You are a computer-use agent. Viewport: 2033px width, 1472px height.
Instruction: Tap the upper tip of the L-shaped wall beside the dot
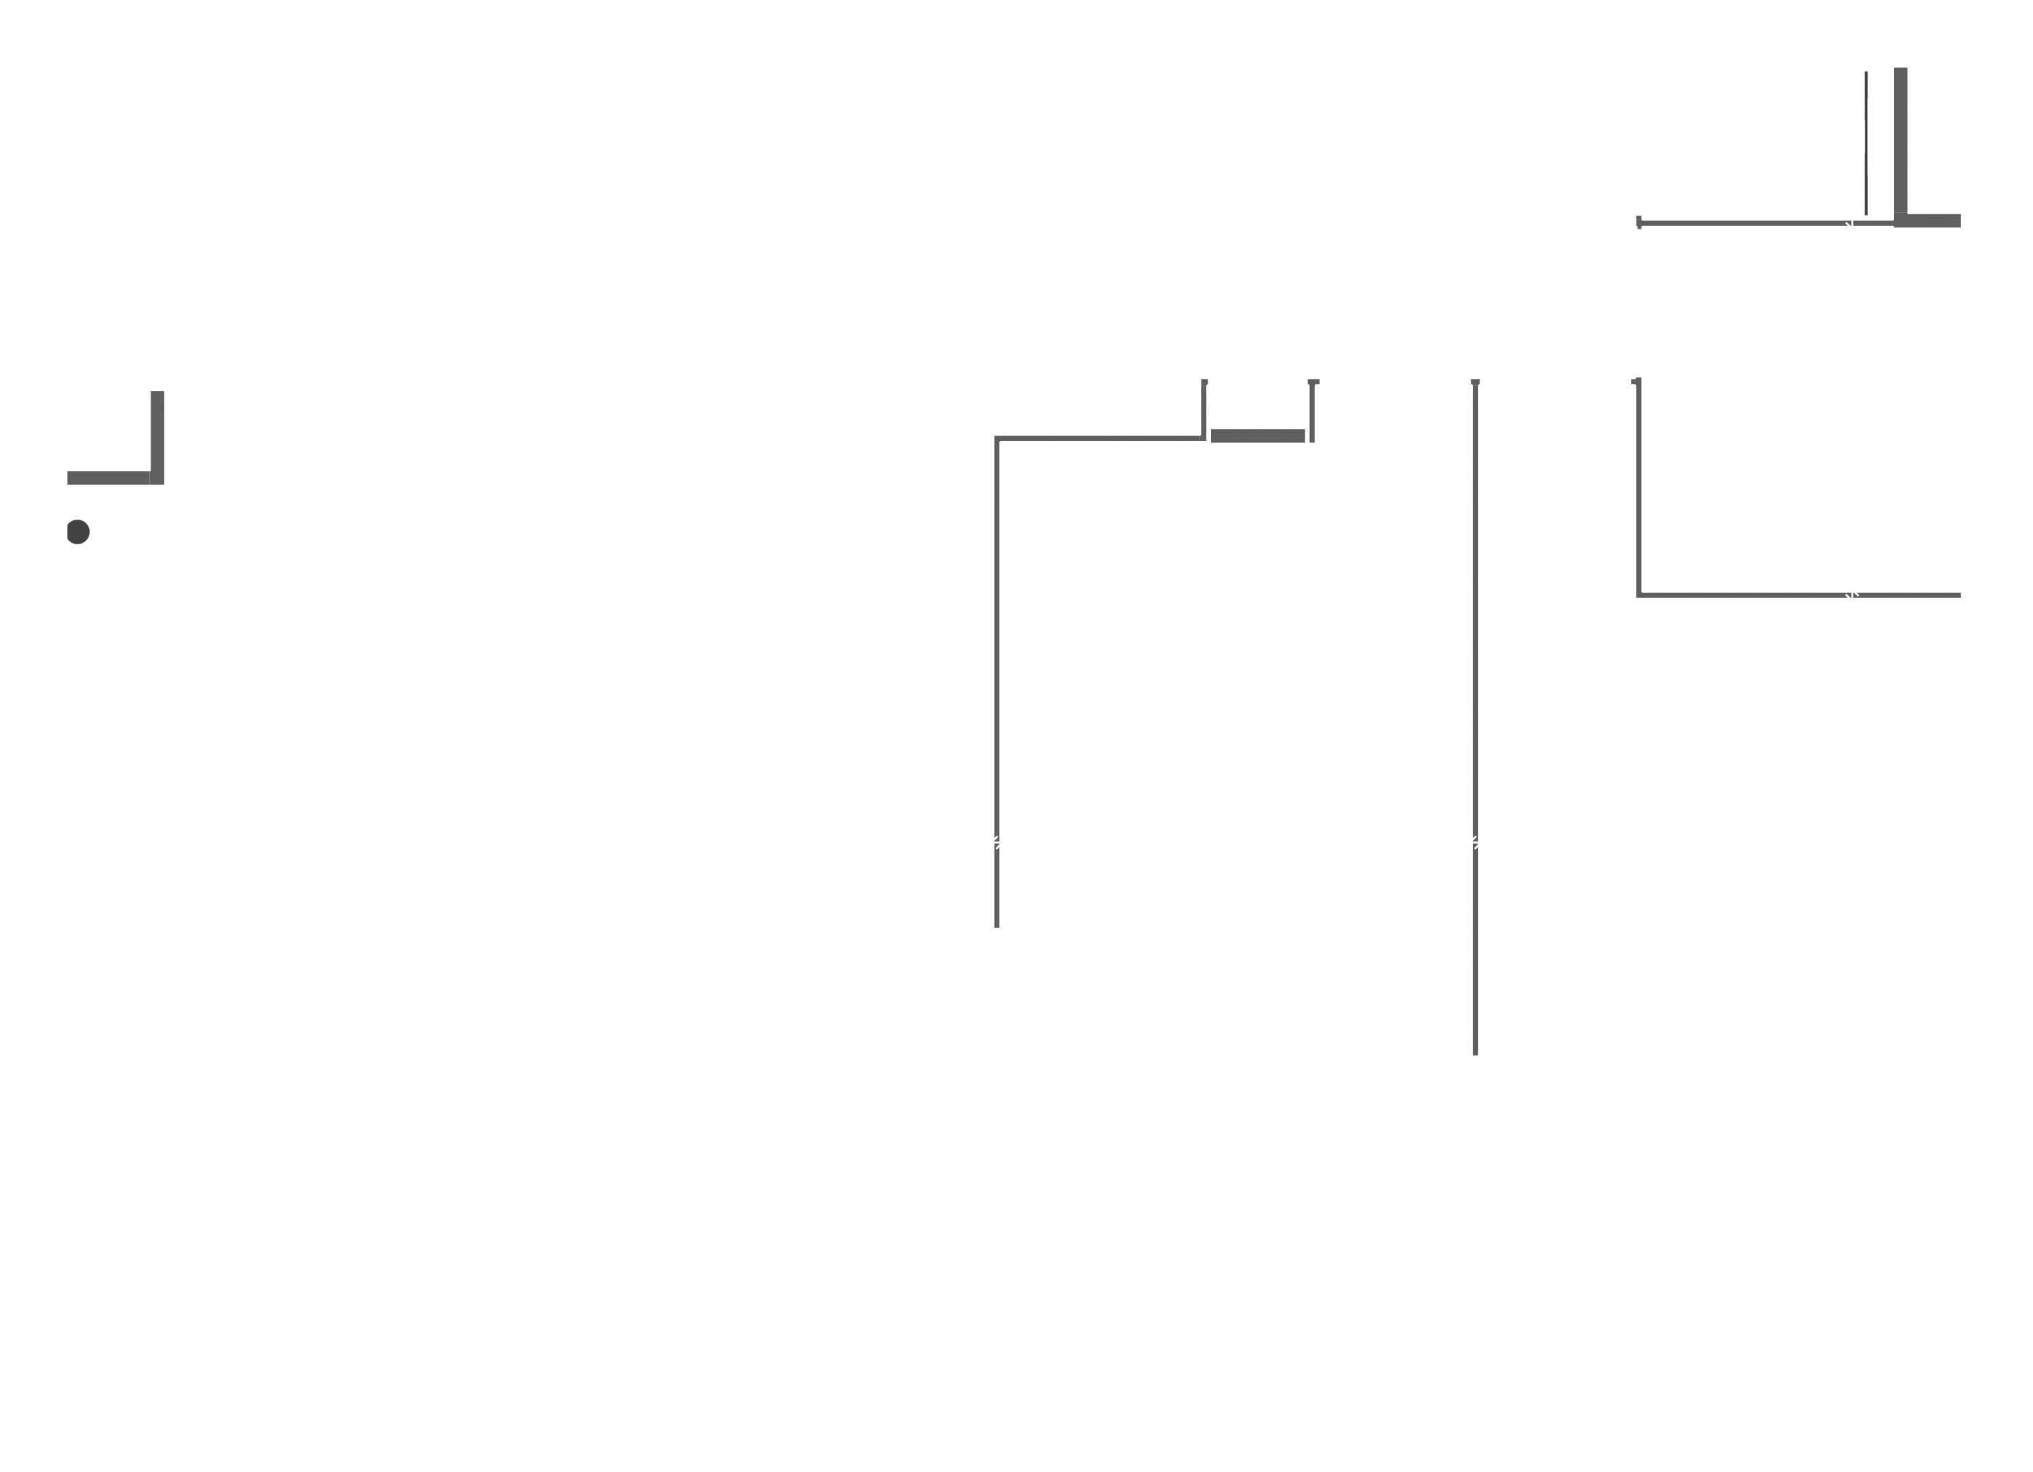point(157,393)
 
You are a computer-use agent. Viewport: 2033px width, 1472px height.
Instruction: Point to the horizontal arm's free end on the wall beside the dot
point(70,477)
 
